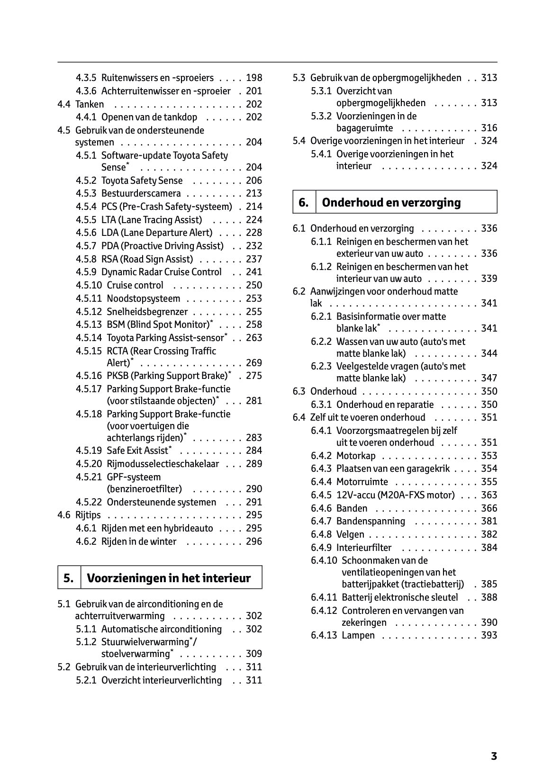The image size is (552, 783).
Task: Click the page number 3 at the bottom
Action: tap(494, 756)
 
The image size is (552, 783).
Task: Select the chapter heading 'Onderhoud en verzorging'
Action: tap(391, 203)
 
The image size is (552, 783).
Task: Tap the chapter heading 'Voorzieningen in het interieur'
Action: tap(169, 578)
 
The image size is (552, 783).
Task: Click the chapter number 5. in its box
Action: tap(69, 578)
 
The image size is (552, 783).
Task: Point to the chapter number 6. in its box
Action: tap(304, 203)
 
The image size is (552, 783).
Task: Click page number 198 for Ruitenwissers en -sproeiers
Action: tap(254, 78)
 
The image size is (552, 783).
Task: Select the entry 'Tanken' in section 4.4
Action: tap(90, 104)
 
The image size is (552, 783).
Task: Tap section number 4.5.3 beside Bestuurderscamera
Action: tap(86, 193)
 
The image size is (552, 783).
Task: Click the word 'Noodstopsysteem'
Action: tap(143, 298)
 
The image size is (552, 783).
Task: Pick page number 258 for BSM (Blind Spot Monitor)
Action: tap(254, 324)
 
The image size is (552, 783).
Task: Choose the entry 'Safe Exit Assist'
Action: tap(137, 450)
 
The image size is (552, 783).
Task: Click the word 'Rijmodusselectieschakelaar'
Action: tap(163, 464)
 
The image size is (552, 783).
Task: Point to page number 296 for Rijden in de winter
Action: tap(254, 541)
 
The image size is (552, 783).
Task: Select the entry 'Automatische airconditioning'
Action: tap(161, 629)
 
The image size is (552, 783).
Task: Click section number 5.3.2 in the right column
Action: tap(321, 116)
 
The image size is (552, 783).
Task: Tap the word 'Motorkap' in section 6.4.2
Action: tap(355, 456)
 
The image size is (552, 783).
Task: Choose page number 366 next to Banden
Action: tap(489, 508)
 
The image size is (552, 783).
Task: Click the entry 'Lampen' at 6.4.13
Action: tap(358, 636)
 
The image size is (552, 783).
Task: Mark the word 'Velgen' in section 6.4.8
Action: tap(350, 534)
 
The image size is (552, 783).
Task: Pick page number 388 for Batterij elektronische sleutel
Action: tap(489, 597)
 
